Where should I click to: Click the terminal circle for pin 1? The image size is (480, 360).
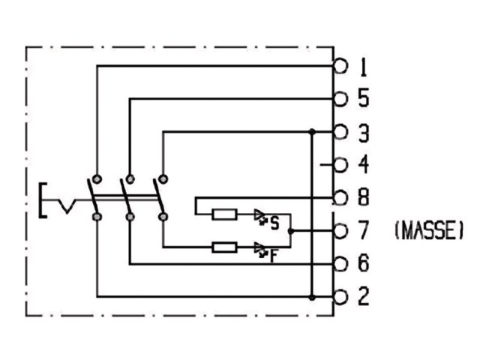pos(340,66)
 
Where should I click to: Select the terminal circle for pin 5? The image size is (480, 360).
pos(340,99)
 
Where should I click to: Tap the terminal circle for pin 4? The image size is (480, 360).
pos(340,165)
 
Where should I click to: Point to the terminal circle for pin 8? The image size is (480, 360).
pos(340,198)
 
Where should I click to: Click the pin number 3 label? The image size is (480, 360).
pos(364,133)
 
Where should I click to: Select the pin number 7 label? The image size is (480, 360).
pos(364,230)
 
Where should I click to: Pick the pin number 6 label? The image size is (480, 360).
pos(364,263)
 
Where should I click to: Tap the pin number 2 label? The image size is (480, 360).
pos(364,296)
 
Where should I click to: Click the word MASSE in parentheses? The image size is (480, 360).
pos(429,230)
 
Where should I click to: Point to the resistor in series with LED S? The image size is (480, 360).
pos(225,214)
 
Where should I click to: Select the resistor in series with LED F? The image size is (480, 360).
pos(225,247)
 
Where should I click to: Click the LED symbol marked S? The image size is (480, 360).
pos(260,217)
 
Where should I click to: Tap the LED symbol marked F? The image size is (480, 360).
pos(260,250)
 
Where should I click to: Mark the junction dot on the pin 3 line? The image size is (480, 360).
pos(312,132)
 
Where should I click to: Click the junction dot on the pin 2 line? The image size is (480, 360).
pos(312,297)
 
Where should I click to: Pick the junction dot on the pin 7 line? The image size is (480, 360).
pos(291,231)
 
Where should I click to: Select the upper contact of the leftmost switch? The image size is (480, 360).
pos(97,179)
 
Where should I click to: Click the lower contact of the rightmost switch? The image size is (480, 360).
pos(163,217)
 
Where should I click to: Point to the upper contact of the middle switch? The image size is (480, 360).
pos(130,179)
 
